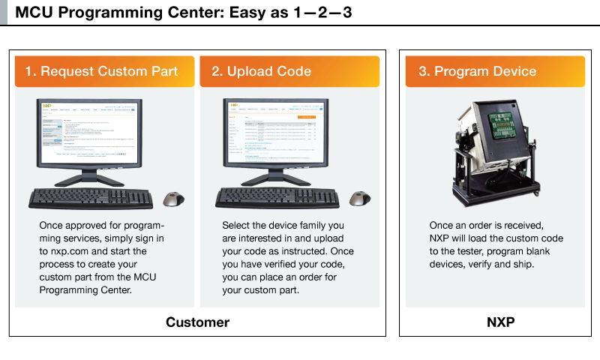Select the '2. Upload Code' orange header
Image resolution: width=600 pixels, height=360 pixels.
[x=289, y=71]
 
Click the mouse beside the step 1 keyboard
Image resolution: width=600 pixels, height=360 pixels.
[x=174, y=199]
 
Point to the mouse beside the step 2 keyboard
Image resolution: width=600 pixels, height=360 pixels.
[x=361, y=199]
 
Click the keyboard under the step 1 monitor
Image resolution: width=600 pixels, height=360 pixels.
[x=89, y=198]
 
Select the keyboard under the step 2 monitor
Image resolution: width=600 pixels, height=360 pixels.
[x=276, y=198]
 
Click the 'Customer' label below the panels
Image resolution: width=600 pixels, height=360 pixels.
[x=197, y=322]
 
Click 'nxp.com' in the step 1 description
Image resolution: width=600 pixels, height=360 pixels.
[x=73, y=251]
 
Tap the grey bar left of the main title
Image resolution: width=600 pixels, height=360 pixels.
[x=3, y=13]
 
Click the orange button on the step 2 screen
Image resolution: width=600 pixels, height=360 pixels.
[x=306, y=117]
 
